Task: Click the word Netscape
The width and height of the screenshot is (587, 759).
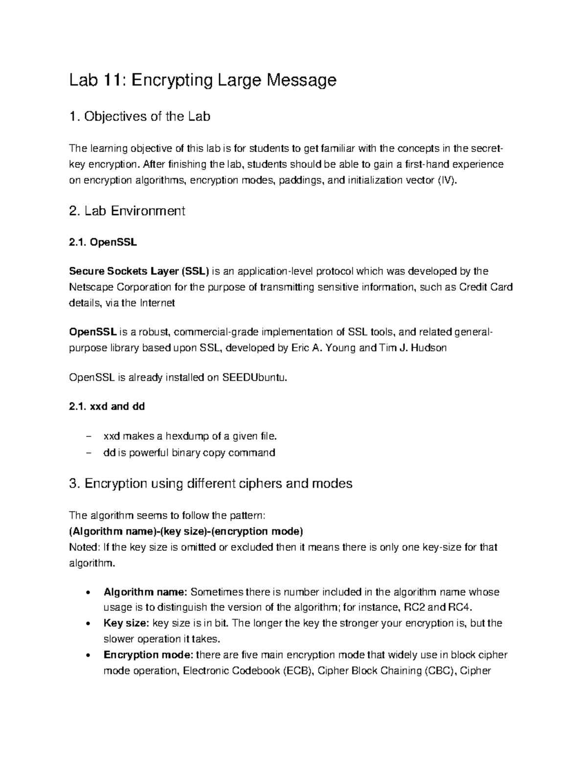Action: [x=90, y=287]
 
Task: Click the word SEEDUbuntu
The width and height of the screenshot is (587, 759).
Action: [x=253, y=377]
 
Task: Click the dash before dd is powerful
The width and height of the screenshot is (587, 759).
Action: [x=88, y=453]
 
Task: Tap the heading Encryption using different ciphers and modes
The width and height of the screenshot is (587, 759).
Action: [x=218, y=484]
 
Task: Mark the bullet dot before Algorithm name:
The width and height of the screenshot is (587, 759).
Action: [x=88, y=593]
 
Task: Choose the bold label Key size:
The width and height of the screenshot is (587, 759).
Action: [x=126, y=623]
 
